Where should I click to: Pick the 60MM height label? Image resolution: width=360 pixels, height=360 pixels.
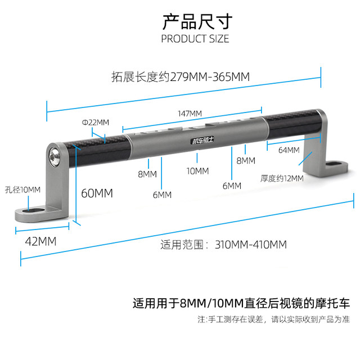click(x=97, y=193)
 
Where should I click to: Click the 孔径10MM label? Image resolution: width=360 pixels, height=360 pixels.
click(x=22, y=190)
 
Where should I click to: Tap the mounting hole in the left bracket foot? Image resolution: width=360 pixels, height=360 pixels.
click(x=35, y=212)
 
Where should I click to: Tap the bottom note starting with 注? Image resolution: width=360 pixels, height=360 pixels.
click(x=273, y=319)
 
